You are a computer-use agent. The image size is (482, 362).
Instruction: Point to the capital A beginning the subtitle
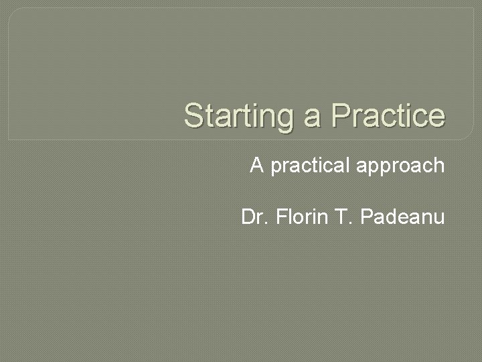[x=256, y=165]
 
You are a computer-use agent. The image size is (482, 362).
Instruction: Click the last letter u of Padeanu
[x=439, y=219]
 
